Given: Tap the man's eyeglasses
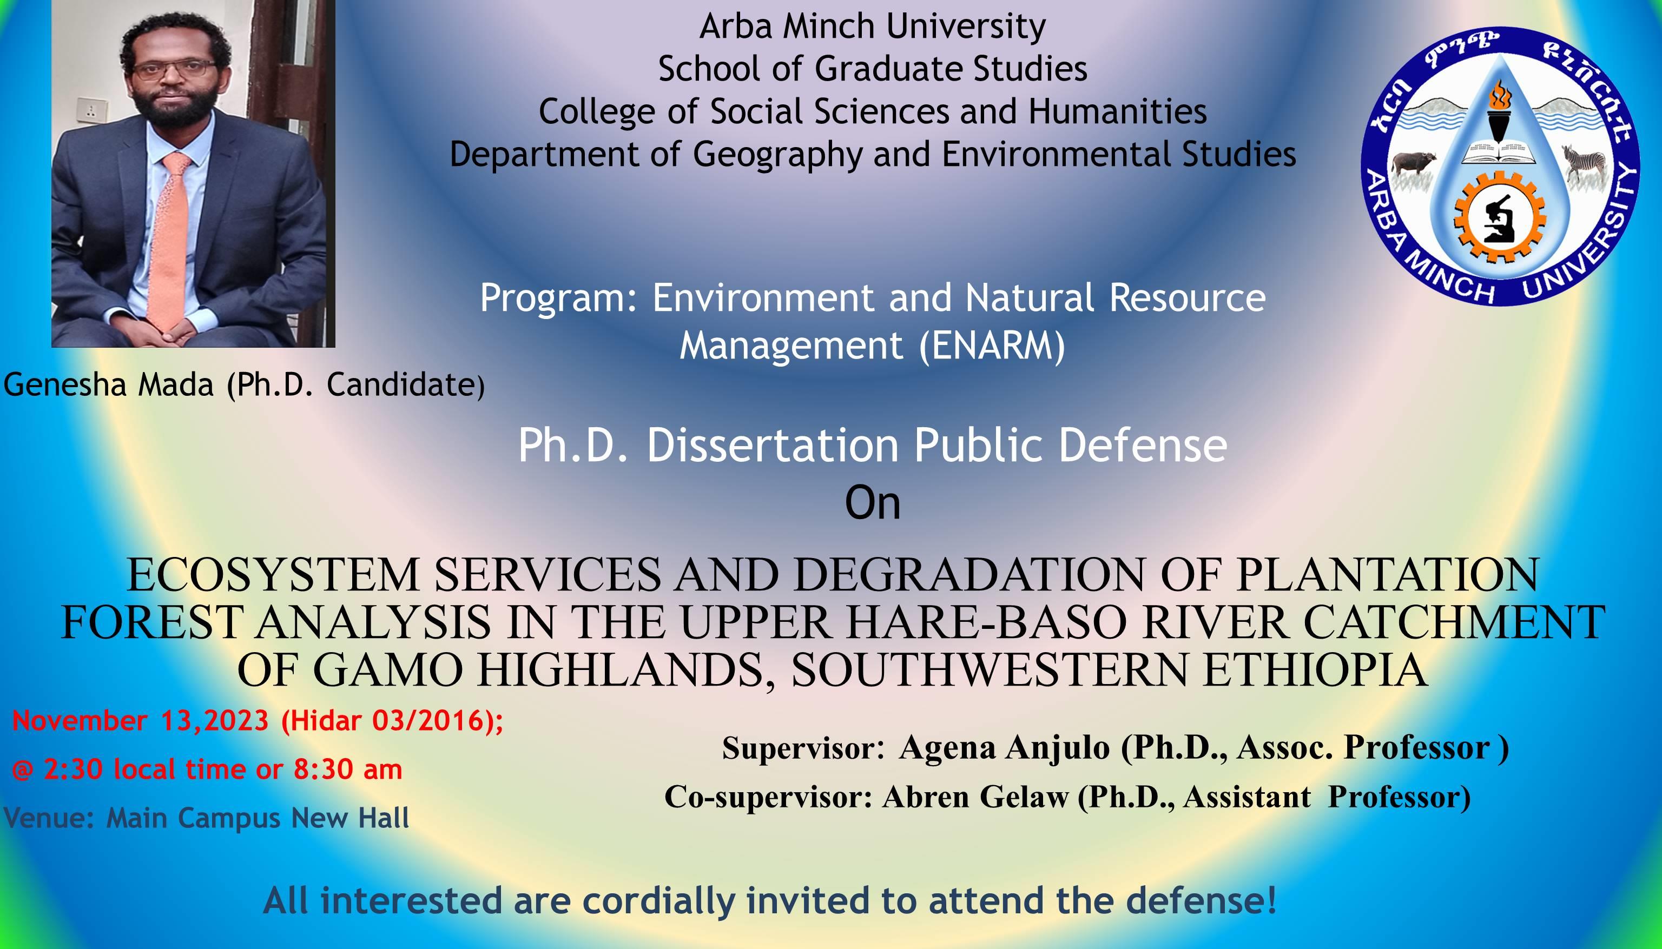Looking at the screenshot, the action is [174, 69].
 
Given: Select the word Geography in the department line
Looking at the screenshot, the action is [778, 155].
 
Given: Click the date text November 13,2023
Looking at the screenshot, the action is [141, 721].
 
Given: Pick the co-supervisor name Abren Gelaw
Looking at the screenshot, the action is [975, 797].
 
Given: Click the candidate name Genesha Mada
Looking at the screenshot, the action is [109, 385].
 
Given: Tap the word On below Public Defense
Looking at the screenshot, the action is [873, 503].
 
